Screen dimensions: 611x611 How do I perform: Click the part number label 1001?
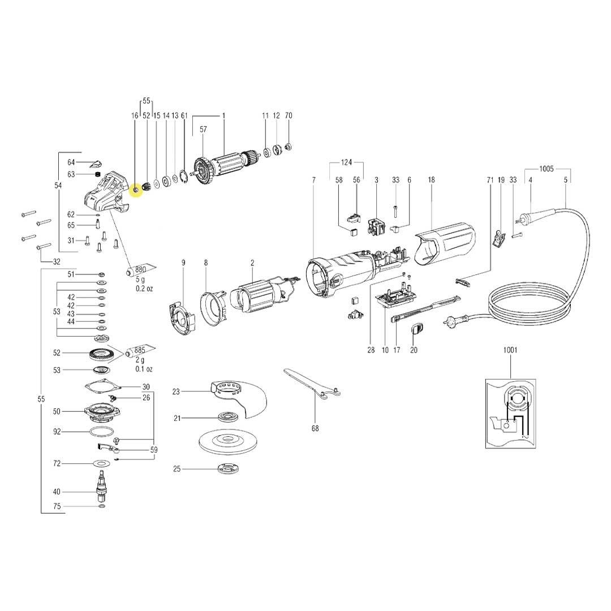[510, 350]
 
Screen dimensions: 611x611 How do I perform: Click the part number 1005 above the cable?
[547, 169]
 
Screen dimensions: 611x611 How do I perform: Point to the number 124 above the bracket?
[346, 163]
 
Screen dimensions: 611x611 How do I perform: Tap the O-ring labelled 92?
[101, 432]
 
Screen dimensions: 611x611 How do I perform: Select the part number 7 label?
[313, 179]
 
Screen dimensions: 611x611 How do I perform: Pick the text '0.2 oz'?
[144, 289]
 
